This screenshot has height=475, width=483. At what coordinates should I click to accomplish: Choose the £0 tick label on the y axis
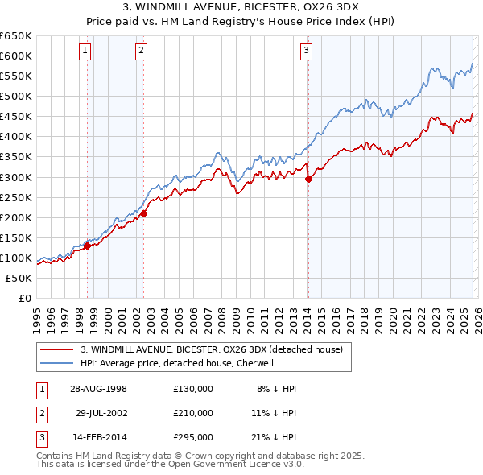click(24, 298)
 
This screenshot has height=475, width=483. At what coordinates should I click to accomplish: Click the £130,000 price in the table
click(193, 388)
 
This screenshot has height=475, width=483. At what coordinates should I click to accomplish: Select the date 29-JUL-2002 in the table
click(101, 412)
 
